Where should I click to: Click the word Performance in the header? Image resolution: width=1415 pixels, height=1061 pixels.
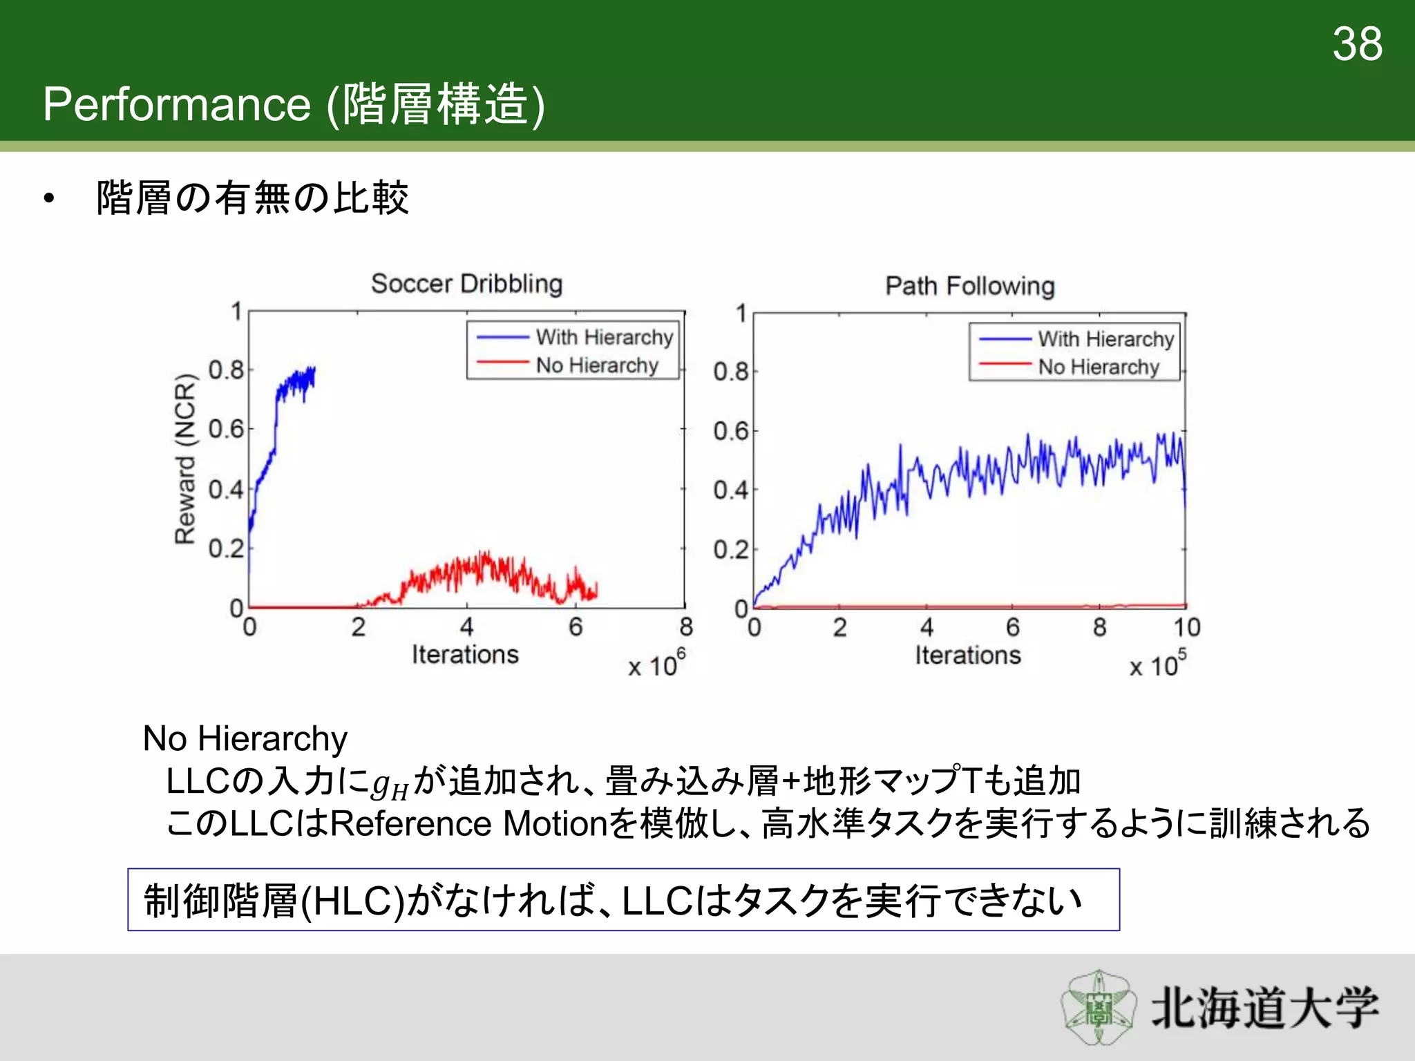[177, 104]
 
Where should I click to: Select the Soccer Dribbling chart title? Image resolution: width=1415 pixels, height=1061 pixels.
[466, 284]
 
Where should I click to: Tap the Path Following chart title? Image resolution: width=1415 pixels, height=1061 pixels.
[970, 286]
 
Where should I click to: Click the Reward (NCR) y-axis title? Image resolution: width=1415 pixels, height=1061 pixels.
[185, 459]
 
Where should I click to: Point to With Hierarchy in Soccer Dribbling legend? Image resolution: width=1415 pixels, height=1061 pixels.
[604, 337]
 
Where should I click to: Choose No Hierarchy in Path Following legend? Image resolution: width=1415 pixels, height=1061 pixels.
[1098, 367]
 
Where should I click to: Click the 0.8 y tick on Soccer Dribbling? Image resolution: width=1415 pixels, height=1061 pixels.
[226, 370]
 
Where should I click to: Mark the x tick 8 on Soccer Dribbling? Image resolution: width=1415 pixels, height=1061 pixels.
[685, 627]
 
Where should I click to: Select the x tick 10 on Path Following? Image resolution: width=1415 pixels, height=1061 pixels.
[1186, 627]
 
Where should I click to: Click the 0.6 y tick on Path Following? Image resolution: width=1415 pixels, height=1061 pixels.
[731, 431]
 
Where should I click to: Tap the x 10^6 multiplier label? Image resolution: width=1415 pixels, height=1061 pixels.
[656, 665]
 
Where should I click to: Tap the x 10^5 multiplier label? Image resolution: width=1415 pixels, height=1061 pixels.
[1158, 665]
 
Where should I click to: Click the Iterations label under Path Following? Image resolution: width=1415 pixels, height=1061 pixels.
[967, 655]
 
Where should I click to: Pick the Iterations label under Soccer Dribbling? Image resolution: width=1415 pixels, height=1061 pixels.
[465, 654]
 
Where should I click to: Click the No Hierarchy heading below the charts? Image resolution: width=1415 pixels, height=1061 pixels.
[245, 738]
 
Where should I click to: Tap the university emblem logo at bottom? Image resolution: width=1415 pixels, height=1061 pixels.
[1098, 1008]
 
